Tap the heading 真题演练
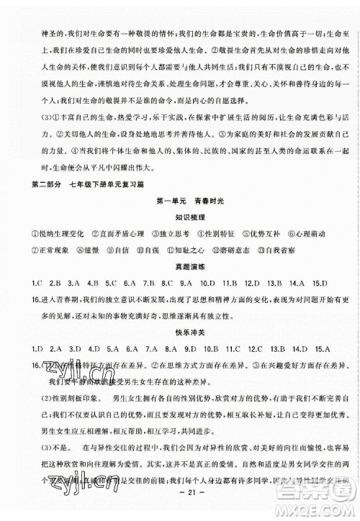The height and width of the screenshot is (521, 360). pyautogui.click(x=181, y=265)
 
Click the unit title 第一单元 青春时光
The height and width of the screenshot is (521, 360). pyautogui.click(x=181, y=197)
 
